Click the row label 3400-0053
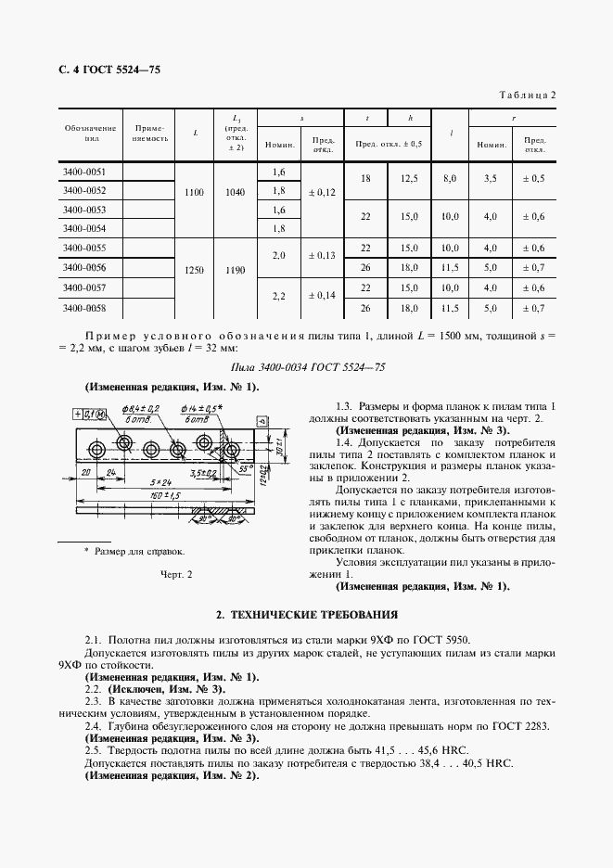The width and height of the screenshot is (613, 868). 83,211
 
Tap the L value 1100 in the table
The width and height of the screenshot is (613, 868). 194,192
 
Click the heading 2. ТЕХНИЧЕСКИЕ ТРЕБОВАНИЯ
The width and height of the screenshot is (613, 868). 306,614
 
